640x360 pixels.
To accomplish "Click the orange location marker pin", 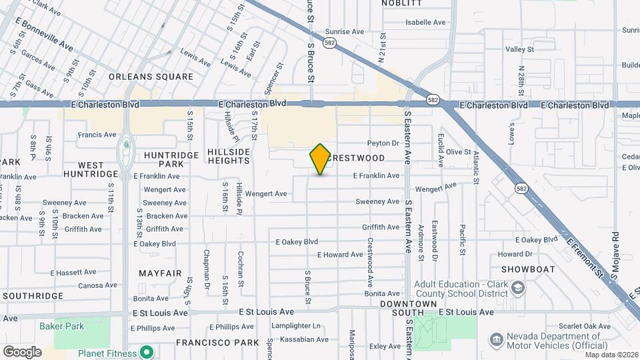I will pos(320,159).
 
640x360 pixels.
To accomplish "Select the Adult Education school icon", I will pos(519,289).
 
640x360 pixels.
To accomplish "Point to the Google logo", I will pos(22,351).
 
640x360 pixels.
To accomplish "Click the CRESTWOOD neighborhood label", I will pos(358,158).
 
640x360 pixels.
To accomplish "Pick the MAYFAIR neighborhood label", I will pos(160,273).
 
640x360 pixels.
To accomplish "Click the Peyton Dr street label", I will pos(383,143).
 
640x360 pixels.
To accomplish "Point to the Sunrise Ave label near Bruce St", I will pos(345,31).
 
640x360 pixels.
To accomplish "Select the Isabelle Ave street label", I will pos(425,22).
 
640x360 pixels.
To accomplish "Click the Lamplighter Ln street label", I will pos(299,326).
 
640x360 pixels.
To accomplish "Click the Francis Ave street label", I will pos(97,135).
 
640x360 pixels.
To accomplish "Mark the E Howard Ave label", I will pos(340,255).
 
